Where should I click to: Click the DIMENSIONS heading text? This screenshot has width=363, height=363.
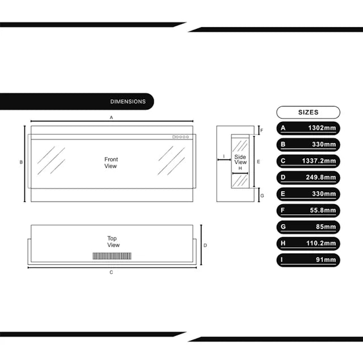[x=128, y=102]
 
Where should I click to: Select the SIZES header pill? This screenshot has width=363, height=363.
[x=308, y=112]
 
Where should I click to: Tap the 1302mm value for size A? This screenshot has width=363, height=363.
[x=322, y=128]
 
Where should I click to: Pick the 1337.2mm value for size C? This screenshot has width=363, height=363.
[x=319, y=161]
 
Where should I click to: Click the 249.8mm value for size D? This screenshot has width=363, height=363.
[x=320, y=178]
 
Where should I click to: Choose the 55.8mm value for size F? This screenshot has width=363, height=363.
[x=323, y=210]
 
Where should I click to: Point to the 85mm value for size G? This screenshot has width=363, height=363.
[x=326, y=227]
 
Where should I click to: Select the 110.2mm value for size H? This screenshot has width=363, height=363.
[x=321, y=243]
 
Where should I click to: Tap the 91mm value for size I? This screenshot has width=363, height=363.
[x=326, y=260]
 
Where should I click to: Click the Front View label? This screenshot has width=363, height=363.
[x=111, y=163]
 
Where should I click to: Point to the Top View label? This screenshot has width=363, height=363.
[x=113, y=242]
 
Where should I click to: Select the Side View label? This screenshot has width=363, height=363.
[x=240, y=159]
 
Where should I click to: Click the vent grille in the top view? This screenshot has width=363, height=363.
[x=112, y=256]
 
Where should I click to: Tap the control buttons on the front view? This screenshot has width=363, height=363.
[x=180, y=137]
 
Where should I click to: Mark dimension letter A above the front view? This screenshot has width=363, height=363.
[x=111, y=117]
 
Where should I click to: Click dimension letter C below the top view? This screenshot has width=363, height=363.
[x=111, y=272]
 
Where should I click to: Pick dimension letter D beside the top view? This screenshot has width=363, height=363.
[x=205, y=246]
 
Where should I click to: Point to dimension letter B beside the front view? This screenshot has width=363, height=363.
[x=21, y=162]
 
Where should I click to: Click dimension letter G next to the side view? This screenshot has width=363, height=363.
[x=262, y=196]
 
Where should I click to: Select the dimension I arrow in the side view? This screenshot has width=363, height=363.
[x=224, y=160]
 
